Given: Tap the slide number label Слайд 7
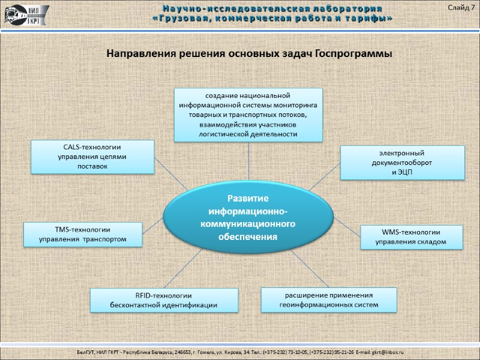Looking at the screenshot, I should (x=461, y=7).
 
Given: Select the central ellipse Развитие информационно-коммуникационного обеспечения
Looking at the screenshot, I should (x=248, y=217).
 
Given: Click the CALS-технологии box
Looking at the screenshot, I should (x=92, y=157).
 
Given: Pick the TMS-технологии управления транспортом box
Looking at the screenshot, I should (x=83, y=234).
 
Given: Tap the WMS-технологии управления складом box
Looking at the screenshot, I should (x=411, y=237).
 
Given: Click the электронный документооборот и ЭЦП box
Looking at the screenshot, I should (x=402, y=162).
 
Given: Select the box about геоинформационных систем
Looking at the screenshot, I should (x=329, y=299).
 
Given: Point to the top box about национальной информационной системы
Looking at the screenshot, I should (x=248, y=115).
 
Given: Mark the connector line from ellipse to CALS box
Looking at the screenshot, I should (x=170, y=175).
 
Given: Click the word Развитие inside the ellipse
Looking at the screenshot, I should (x=248, y=198).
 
